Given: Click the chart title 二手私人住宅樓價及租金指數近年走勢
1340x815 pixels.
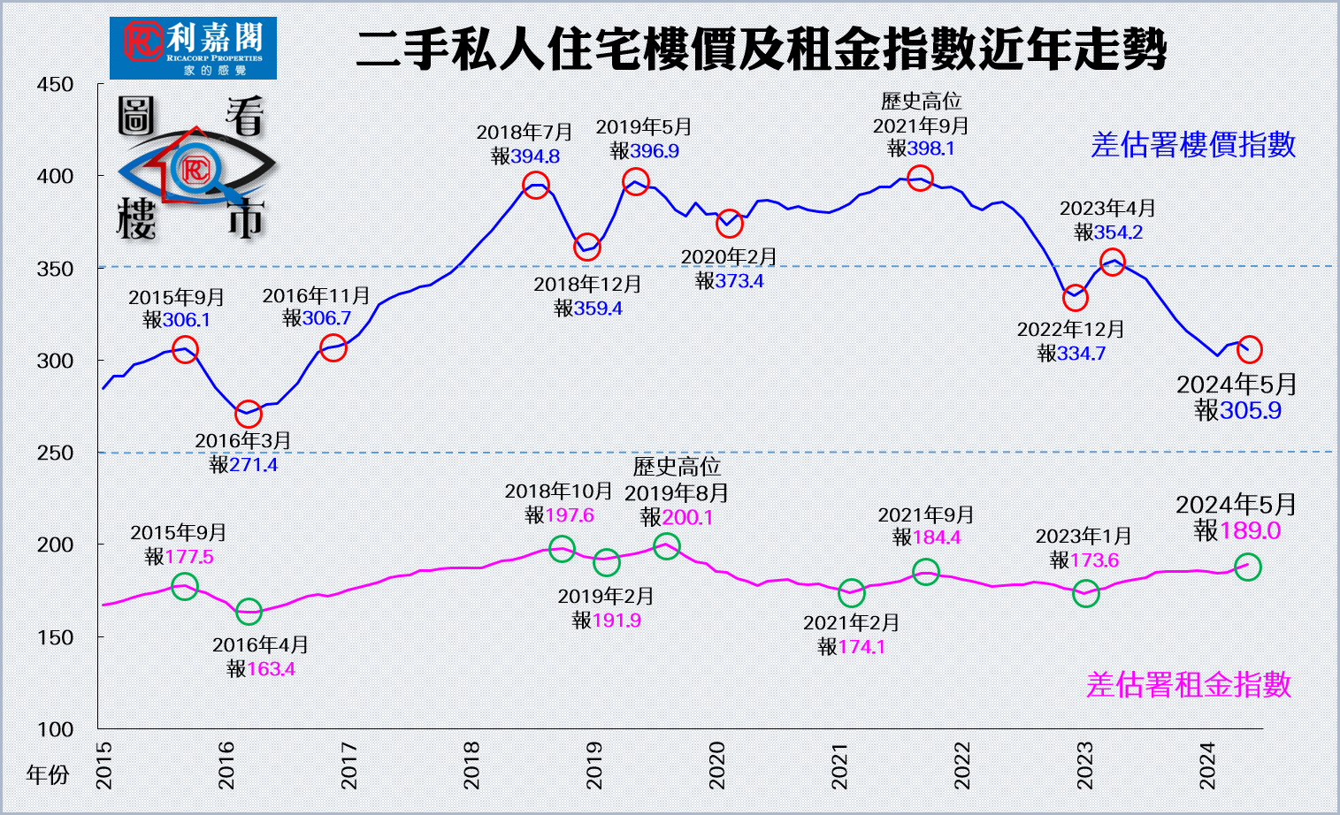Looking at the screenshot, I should click(761, 49).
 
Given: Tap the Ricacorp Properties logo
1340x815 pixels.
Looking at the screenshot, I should click(193, 48).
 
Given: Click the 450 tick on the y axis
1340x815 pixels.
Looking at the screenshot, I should click(55, 85).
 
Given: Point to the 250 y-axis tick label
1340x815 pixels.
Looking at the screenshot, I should click(55, 453).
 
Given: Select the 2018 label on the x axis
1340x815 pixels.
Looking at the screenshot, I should click(471, 765).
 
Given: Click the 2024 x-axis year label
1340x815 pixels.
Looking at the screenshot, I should click(1207, 765).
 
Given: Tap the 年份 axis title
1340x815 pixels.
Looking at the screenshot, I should click(48, 775).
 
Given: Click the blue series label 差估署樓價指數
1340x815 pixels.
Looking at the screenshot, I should click(1192, 145).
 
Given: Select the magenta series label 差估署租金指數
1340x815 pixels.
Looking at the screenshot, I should click(1188, 685).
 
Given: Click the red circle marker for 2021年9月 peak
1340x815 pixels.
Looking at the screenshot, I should click(920, 179).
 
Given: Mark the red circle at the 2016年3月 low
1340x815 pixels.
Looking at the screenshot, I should click(249, 413).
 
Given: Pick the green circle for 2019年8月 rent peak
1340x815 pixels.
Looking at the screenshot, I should click(667, 546).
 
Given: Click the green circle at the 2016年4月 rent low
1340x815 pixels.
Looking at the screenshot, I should click(249, 611).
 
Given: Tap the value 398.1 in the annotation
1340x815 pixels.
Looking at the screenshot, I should click(930, 149).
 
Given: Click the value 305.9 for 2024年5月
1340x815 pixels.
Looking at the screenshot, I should click(1250, 410).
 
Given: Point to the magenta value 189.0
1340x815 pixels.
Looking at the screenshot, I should click(1250, 530).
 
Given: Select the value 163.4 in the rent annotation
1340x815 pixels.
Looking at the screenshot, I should click(271, 669).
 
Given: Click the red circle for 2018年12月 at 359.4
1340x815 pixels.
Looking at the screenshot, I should click(587, 248).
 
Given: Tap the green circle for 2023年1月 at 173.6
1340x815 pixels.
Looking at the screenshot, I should click(1085, 594).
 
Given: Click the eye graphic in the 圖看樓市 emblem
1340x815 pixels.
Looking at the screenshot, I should click(195, 168).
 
